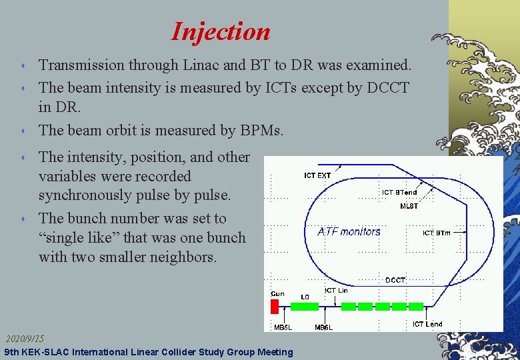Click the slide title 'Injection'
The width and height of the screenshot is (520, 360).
click(221, 31)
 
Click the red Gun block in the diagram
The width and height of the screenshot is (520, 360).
click(274, 307)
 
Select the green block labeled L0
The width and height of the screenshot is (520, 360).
click(305, 307)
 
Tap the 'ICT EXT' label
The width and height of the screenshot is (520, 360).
click(317, 175)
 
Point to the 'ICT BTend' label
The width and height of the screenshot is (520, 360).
click(399, 193)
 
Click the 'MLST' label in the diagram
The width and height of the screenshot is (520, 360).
click(409, 206)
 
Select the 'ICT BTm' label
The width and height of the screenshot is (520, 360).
click(437, 233)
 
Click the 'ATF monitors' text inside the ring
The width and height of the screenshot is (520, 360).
click(349, 231)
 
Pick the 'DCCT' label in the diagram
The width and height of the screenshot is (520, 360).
click(395, 280)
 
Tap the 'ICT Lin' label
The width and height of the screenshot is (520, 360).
click(336, 291)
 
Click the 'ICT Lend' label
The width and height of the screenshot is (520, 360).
click(427, 324)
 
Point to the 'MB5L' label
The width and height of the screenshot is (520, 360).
click(283, 327)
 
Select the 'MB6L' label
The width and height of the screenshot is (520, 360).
click(323, 327)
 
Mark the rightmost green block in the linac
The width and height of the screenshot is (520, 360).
click(416, 307)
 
